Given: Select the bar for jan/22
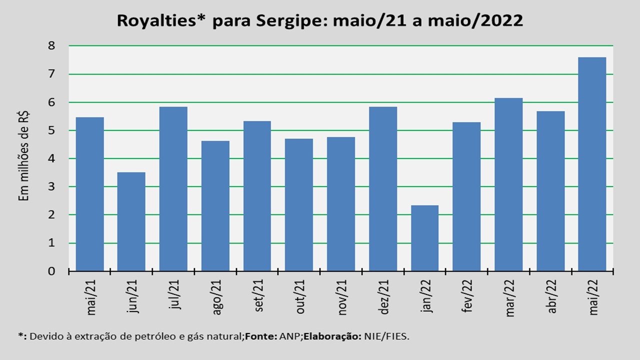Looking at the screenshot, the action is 424,238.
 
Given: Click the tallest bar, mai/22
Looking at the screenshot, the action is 592,164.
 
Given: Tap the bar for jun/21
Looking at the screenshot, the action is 131,221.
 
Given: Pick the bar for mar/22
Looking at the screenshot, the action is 508,184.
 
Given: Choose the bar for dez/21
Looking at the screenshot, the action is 383,189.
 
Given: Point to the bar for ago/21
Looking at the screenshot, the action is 215,205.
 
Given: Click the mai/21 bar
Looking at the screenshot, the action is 89,194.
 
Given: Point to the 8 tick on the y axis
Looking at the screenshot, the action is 51,45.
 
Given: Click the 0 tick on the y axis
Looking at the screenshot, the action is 51,271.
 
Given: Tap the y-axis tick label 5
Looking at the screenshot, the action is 51,130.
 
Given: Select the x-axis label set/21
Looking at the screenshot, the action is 258,295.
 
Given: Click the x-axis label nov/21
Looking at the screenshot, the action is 342,297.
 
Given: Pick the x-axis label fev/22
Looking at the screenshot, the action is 467,295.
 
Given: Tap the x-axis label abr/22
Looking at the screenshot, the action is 551,296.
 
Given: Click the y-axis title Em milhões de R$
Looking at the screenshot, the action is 23,156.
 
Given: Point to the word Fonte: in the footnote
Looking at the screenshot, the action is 261,336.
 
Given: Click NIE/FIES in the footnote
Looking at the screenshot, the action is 386,336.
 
